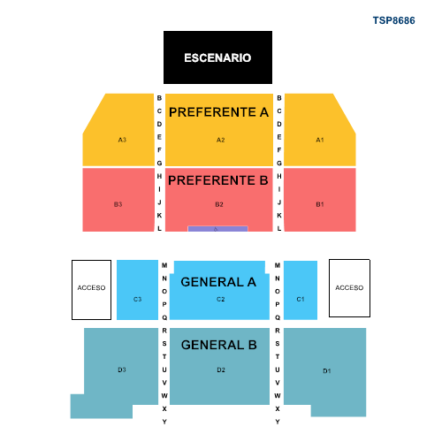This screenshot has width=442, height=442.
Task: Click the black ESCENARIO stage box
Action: (x=217, y=57)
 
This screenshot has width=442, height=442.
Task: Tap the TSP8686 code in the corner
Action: (x=393, y=20)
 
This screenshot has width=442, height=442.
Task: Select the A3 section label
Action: (x=122, y=140)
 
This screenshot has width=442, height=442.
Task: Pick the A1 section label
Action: (x=320, y=140)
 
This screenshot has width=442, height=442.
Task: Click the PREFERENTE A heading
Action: (x=218, y=112)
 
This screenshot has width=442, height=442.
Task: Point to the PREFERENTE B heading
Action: (x=218, y=180)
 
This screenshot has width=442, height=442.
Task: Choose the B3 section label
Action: (x=118, y=204)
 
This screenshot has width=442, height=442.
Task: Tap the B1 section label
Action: (x=320, y=204)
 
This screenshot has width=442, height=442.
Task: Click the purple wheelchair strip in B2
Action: (x=217, y=229)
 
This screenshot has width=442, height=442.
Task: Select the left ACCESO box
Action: (x=91, y=290)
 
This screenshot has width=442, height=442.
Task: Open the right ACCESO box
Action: (x=349, y=288)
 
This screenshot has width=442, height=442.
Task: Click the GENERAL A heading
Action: (x=218, y=282)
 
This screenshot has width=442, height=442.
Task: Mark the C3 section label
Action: (x=138, y=299)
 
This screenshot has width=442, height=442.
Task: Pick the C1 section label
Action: (x=301, y=299)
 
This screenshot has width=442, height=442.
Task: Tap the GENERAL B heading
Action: (x=219, y=345)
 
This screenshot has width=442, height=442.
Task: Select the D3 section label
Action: (x=122, y=370)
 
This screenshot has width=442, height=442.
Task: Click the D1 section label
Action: (x=327, y=370)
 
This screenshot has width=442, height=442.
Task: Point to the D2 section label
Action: (x=221, y=370)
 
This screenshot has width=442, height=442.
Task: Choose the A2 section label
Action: (x=221, y=140)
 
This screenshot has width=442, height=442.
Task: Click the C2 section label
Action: (x=221, y=299)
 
